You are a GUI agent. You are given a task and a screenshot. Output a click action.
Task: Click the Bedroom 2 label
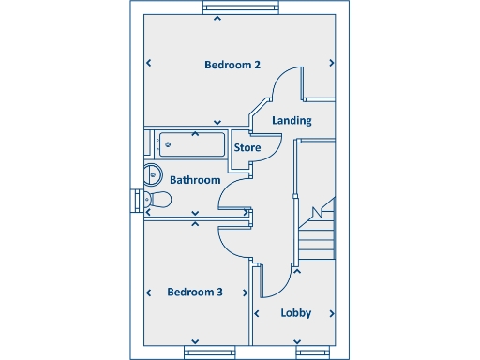232,65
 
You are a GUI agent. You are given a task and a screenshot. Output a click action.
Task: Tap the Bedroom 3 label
195,292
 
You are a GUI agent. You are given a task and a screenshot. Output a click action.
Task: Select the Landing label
292,121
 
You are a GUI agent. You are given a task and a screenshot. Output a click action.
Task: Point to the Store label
247,148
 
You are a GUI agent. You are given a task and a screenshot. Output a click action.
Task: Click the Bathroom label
195,180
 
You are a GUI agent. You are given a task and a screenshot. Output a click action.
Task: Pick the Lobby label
296,313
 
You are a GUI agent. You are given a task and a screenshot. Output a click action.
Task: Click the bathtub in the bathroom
193,144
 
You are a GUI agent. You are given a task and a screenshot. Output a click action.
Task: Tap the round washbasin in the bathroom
153,174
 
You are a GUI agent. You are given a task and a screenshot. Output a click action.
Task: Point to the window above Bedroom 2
242,8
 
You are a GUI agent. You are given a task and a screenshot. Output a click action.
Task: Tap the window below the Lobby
314,352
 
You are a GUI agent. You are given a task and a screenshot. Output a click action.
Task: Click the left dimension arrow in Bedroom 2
149,64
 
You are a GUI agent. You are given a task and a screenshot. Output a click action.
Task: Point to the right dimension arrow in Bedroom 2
332,64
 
